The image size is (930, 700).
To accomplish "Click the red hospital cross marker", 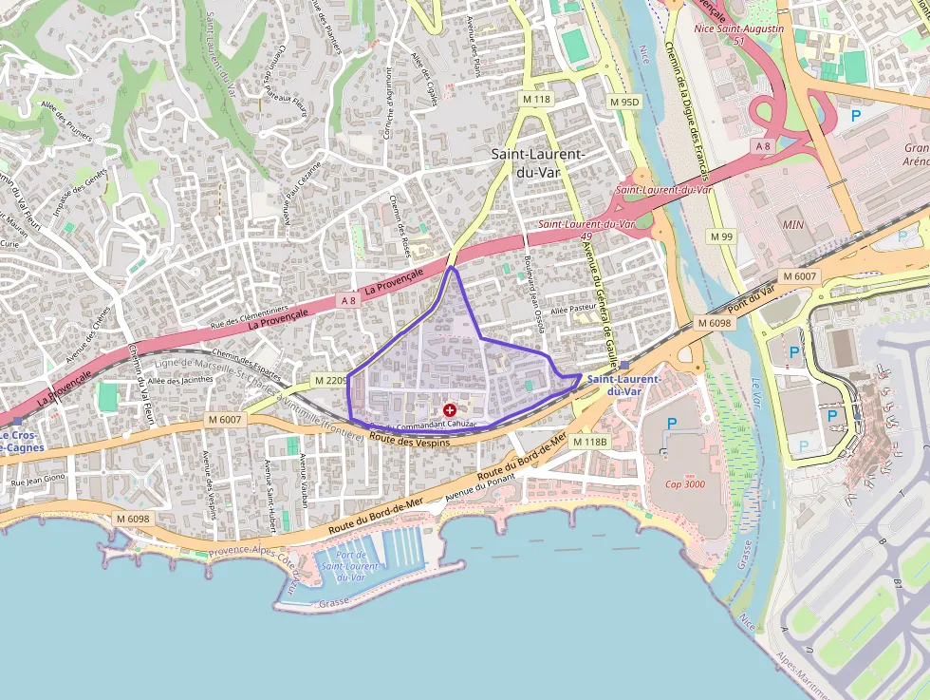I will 449,409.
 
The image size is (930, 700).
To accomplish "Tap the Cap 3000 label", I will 684,483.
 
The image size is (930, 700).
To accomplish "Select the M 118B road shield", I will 589,442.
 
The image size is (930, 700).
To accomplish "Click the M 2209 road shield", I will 331,381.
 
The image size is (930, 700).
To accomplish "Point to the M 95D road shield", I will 625,102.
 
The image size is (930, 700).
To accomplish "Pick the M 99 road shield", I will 721,236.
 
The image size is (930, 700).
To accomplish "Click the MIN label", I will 792,225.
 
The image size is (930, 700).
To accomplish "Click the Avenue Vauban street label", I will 304,480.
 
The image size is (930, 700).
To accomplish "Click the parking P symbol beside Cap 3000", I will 672,424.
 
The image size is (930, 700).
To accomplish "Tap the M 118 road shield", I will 536,99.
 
